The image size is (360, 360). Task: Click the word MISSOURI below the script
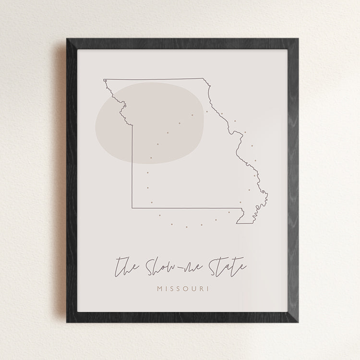click(180, 289)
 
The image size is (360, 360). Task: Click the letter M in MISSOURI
click(160, 289)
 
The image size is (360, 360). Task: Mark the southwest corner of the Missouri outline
click(133, 208)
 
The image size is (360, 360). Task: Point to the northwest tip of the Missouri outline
click(104, 80)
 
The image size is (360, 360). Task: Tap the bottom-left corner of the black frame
click(67, 322)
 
